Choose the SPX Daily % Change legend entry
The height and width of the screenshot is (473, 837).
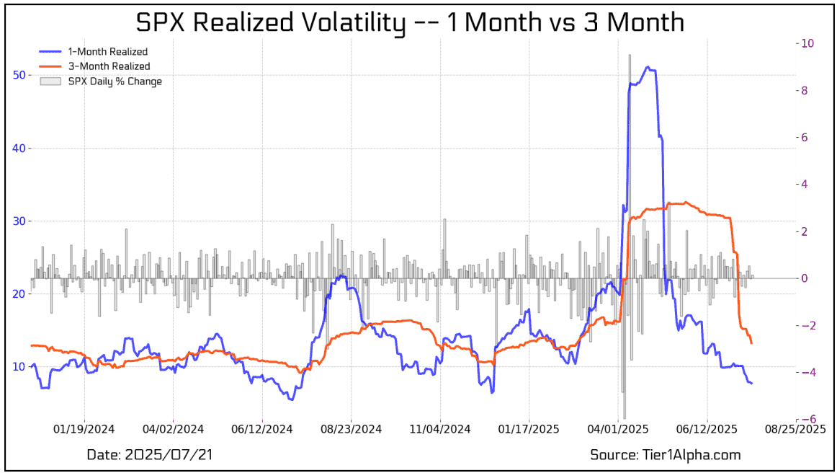tap(115, 81)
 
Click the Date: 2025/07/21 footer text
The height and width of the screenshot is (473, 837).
tap(150, 455)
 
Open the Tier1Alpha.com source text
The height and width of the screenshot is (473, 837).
tap(665, 455)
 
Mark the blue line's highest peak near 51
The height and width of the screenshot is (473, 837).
tap(648, 67)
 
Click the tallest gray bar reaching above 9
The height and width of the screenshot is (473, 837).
tap(629, 56)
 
